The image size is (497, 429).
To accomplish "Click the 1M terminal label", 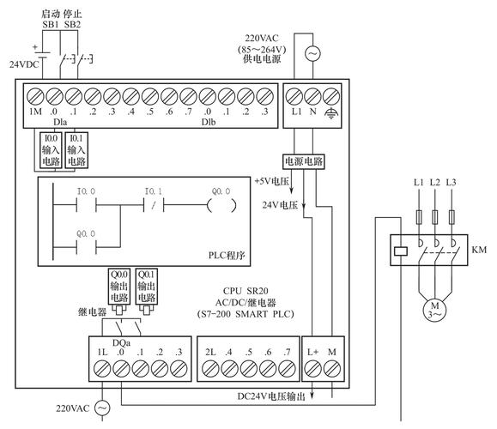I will coord(35,112).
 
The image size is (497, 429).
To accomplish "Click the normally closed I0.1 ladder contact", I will coord(153,206).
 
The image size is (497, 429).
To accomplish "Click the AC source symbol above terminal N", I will coord(312,54).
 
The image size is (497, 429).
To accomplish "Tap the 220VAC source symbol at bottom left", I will coord(101,408).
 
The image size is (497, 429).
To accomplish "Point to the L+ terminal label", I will coord(312,353).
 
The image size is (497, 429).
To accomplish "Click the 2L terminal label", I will coord(210,353).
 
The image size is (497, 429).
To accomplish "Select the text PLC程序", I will coord(227,255).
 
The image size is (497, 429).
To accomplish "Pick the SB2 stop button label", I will coord(74,25).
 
